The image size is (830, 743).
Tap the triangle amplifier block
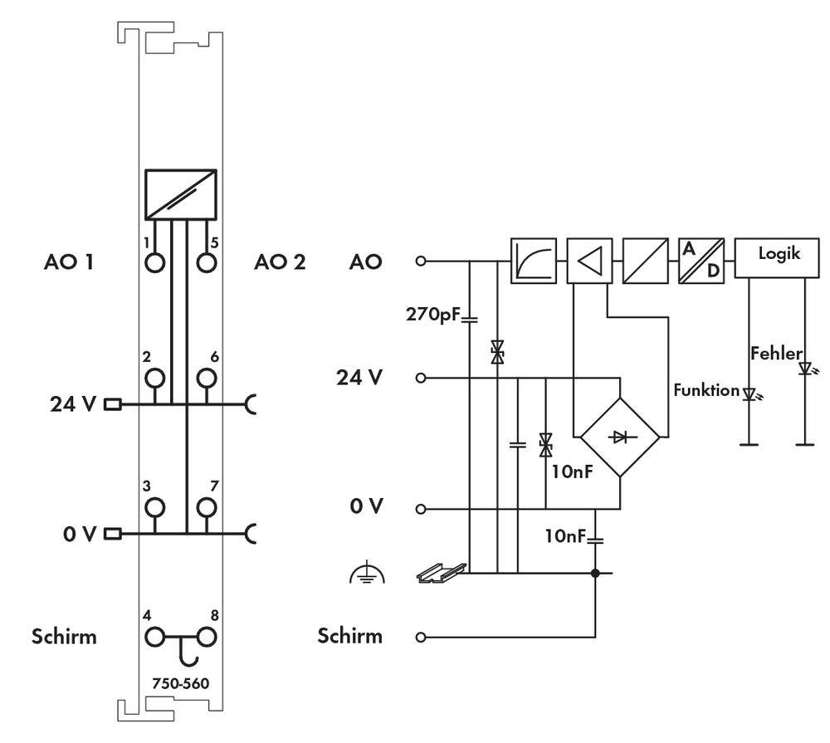[588, 260]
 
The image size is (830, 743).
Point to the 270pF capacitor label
[431, 315]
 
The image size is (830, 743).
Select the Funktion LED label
[705, 390]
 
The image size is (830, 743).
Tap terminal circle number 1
[154, 262]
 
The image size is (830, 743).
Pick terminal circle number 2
[154, 379]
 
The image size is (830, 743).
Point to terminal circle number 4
[154, 638]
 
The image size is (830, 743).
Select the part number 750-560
[180, 684]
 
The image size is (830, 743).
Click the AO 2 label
[280, 262]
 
